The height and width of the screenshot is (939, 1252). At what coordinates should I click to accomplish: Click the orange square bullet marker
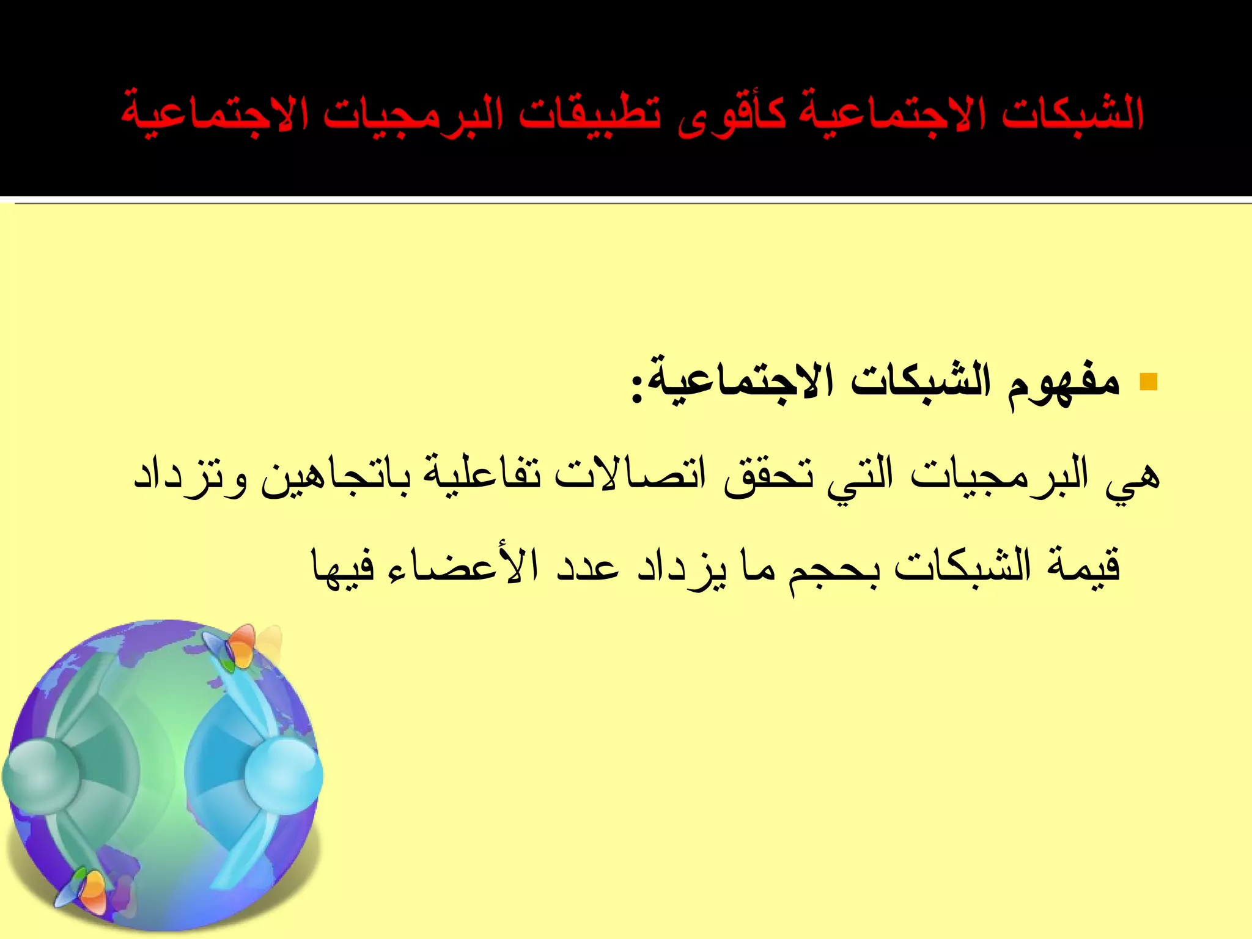pyautogui.click(x=1149, y=381)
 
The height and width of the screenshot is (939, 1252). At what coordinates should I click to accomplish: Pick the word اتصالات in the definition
pyautogui.click(x=630, y=476)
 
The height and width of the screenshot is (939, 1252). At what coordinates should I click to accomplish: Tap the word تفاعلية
pyautogui.click(x=481, y=476)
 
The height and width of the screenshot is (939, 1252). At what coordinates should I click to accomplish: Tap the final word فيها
pyautogui.click(x=342, y=565)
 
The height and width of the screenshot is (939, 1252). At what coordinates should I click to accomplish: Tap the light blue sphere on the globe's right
pyautogui.click(x=284, y=774)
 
